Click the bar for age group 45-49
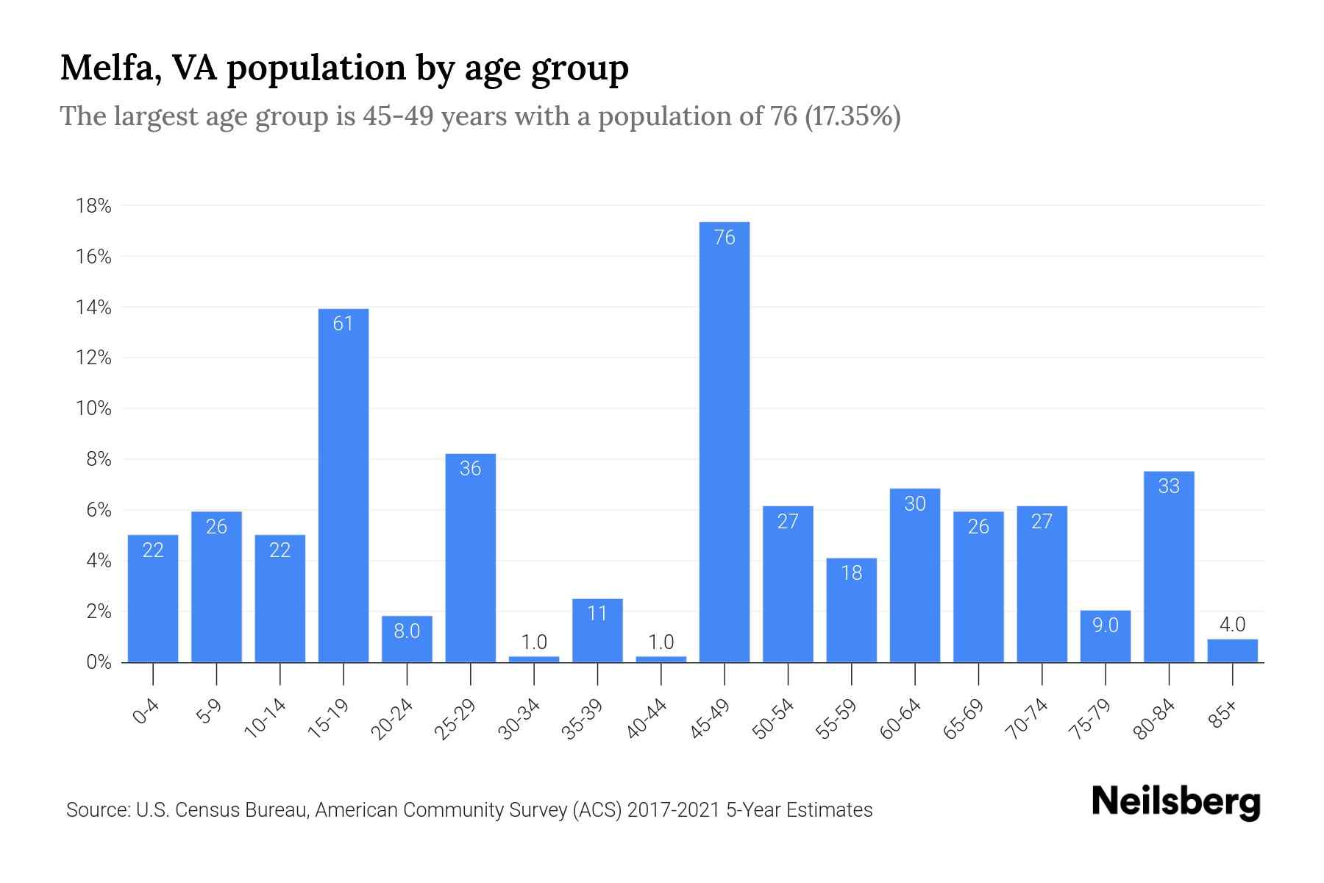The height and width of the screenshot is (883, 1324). coord(725,441)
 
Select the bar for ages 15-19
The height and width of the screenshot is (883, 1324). coord(344,486)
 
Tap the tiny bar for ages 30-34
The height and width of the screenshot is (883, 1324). coord(534,659)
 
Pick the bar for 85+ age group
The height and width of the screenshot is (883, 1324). coord(1232,651)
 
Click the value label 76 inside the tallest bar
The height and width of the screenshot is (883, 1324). coord(725,238)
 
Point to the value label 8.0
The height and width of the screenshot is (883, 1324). coord(407,631)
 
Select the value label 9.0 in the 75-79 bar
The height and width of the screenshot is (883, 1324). coord(1105,625)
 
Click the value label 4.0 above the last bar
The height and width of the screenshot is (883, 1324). coord(1232,625)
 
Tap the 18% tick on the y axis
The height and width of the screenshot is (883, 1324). coord(93,206)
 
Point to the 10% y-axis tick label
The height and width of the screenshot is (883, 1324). coord(93,408)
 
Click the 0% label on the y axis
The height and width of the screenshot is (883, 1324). coord(99,662)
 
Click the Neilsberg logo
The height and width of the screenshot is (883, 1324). coord(1175,802)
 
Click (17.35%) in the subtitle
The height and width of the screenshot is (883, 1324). coord(853,117)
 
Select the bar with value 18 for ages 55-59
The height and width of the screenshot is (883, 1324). coord(851,611)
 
